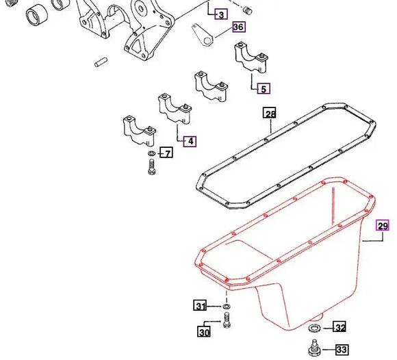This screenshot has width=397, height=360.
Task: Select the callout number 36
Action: [238, 27]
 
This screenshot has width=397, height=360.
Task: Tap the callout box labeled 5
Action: [264, 88]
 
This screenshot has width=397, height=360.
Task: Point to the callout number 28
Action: [270, 114]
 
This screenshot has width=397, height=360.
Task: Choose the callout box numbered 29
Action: [383, 225]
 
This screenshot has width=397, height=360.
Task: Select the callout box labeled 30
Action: [204, 333]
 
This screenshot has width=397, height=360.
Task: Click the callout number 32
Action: [340, 327]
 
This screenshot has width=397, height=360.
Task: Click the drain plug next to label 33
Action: [314, 348]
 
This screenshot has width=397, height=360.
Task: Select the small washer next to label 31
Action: [226, 306]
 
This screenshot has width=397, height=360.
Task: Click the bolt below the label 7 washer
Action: [151, 168]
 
